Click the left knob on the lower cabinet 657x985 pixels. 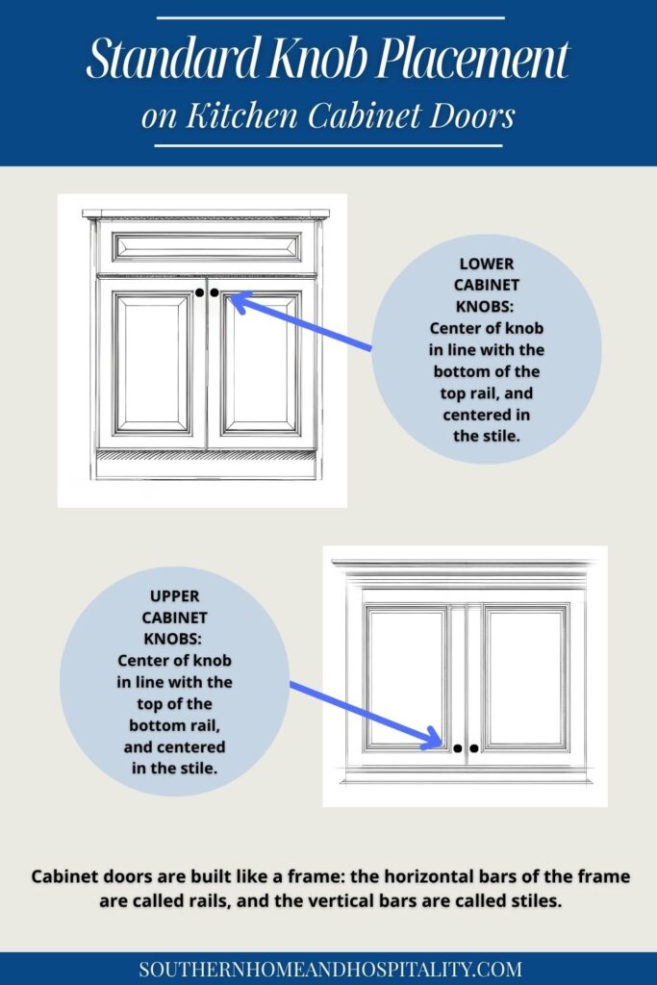tap(199, 291)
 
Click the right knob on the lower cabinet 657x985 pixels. tap(215, 291)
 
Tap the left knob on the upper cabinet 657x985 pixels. tap(458, 747)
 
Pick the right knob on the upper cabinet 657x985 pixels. tap(474, 747)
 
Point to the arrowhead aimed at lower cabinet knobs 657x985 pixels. tap(239, 303)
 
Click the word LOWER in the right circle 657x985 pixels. tap(487, 262)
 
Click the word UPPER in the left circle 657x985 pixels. tap(174, 595)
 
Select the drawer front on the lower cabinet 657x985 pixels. tap(207, 246)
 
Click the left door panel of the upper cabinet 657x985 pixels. tap(405, 676)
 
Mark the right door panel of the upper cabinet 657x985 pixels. tap(526, 676)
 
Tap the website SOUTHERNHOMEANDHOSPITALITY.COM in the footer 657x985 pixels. tap(330, 969)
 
